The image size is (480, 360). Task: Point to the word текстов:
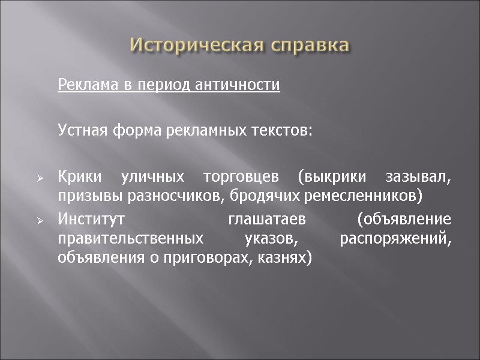point(285,130)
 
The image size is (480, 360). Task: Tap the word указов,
point(272,239)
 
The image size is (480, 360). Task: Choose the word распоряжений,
point(395,239)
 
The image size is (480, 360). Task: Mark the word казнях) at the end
point(287,257)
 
